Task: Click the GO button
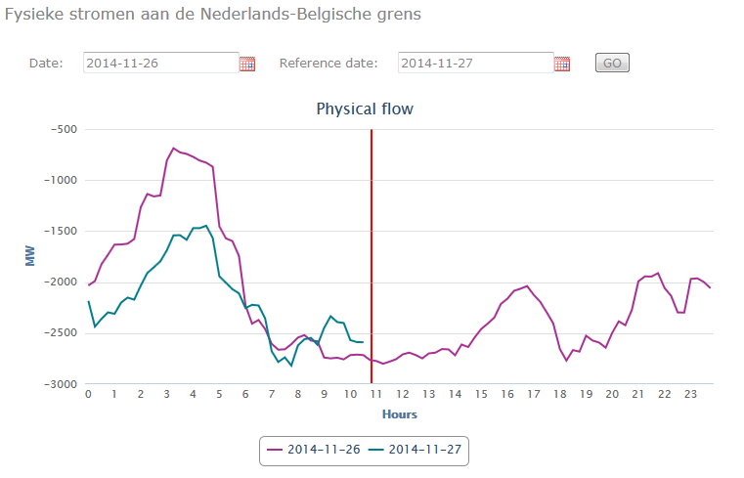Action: (x=612, y=64)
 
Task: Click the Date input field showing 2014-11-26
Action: (x=160, y=64)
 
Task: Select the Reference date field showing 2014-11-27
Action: (x=475, y=64)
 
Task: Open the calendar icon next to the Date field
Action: (x=247, y=64)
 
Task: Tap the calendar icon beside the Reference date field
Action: (x=562, y=64)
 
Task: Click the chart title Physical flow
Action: (x=365, y=109)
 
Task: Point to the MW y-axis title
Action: (x=29, y=255)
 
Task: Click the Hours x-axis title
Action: (x=399, y=414)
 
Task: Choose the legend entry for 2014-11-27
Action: (x=417, y=451)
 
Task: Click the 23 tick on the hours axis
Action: (x=691, y=395)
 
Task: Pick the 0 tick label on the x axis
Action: (x=88, y=395)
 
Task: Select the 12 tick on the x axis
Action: (x=403, y=395)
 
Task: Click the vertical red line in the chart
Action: (x=372, y=244)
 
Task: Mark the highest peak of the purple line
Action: (x=174, y=149)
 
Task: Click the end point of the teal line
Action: (x=363, y=342)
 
